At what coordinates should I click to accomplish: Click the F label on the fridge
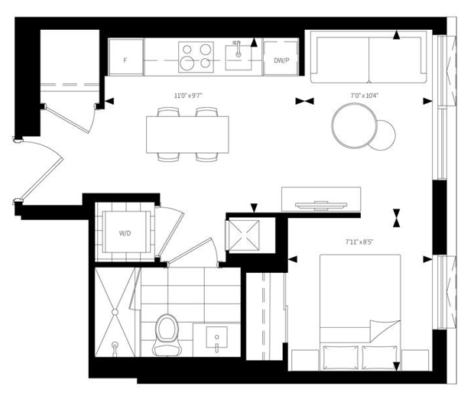(x=125, y=60)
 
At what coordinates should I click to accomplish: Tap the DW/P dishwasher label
(x=281, y=60)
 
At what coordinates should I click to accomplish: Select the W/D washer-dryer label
(x=125, y=233)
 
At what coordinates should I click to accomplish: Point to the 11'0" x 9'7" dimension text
(x=188, y=96)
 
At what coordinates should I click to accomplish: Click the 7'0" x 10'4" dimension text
(x=364, y=96)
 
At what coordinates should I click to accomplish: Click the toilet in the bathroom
(x=167, y=335)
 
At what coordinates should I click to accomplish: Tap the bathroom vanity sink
(x=216, y=337)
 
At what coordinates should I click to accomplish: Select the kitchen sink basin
(x=239, y=58)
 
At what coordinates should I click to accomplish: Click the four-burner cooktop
(x=196, y=57)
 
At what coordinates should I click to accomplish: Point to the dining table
(x=187, y=135)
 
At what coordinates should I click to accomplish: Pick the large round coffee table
(x=354, y=126)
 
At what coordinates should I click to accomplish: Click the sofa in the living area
(x=368, y=57)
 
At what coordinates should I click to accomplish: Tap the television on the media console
(x=321, y=205)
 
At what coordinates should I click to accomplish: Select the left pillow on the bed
(x=341, y=357)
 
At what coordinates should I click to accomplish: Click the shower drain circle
(x=115, y=312)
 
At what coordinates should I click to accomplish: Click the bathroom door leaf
(x=190, y=250)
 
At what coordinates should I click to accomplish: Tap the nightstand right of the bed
(x=415, y=360)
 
